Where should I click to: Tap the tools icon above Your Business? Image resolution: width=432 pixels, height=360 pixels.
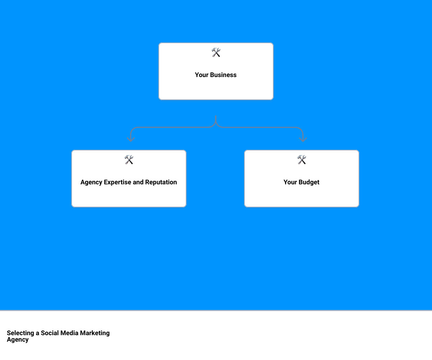[216, 53]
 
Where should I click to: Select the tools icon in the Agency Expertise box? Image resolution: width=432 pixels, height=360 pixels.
[129, 160]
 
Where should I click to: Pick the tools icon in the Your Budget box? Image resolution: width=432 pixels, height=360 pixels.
[302, 160]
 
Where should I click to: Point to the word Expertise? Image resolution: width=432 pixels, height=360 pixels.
[117, 182]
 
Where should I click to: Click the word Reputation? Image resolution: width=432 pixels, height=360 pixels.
[161, 182]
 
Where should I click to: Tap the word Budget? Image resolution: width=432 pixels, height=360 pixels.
[309, 182]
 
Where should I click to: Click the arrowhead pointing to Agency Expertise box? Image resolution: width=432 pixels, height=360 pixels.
[131, 139]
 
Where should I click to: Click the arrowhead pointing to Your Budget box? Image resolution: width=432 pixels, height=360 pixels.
[303, 139]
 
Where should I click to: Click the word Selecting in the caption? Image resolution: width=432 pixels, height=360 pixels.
[21, 333]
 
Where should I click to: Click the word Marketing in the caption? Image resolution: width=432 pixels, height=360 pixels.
[95, 333]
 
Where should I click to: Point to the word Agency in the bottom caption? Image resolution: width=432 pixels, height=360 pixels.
[18, 339]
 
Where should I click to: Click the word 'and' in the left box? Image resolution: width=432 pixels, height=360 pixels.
[138, 182]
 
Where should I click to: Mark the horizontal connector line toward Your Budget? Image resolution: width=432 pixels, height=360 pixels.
[259, 127]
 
